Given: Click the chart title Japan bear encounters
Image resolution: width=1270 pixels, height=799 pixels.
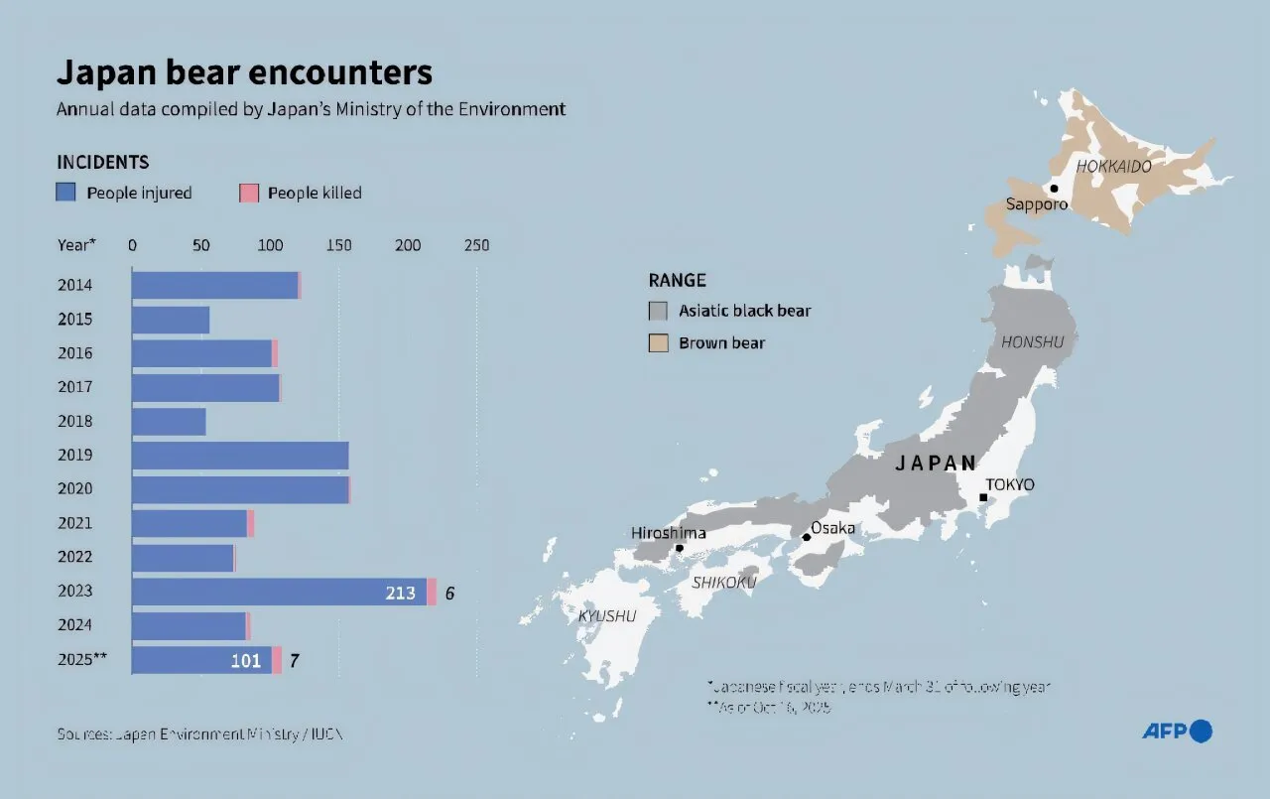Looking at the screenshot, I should click(x=244, y=73).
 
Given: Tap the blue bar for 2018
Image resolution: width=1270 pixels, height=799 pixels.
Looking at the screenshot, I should click(x=169, y=422).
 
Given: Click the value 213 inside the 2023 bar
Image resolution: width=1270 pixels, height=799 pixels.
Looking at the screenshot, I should click(x=400, y=594).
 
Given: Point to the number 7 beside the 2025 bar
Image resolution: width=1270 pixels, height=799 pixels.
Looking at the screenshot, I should click(x=294, y=661).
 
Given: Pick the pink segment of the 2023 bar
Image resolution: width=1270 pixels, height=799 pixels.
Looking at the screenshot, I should click(x=432, y=593).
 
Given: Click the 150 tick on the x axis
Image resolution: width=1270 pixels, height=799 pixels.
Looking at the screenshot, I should click(x=338, y=245).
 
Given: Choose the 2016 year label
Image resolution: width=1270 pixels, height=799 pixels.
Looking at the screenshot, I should click(x=75, y=353).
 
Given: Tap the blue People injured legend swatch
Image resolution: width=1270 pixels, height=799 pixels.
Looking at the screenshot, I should click(x=65, y=193).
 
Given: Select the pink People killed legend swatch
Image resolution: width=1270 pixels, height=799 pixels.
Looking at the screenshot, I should click(x=248, y=193).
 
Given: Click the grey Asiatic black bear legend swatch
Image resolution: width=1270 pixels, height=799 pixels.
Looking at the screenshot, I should click(x=658, y=311).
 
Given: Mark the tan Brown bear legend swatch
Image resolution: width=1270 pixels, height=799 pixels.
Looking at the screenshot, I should click(x=658, y=343).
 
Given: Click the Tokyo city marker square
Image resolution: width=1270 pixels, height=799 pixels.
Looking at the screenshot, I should click(x=983, y=497).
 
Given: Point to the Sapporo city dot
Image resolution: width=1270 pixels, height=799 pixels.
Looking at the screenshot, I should click(x=1054, y=188).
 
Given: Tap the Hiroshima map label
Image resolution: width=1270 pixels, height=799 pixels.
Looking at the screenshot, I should click(x=669, y=533).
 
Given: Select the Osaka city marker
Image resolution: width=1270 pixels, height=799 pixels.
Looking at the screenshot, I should click(x=806, y=537).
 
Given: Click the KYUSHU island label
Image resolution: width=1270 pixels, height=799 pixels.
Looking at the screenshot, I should click(x=607, y=616).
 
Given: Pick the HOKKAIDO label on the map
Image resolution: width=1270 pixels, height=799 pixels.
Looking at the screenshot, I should click(x=1113, y=167).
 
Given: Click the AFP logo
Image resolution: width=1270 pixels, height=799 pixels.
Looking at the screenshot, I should click(x=1177, y=732).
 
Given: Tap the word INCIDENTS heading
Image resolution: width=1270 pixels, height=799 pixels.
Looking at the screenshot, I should click(x=103, y=162).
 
